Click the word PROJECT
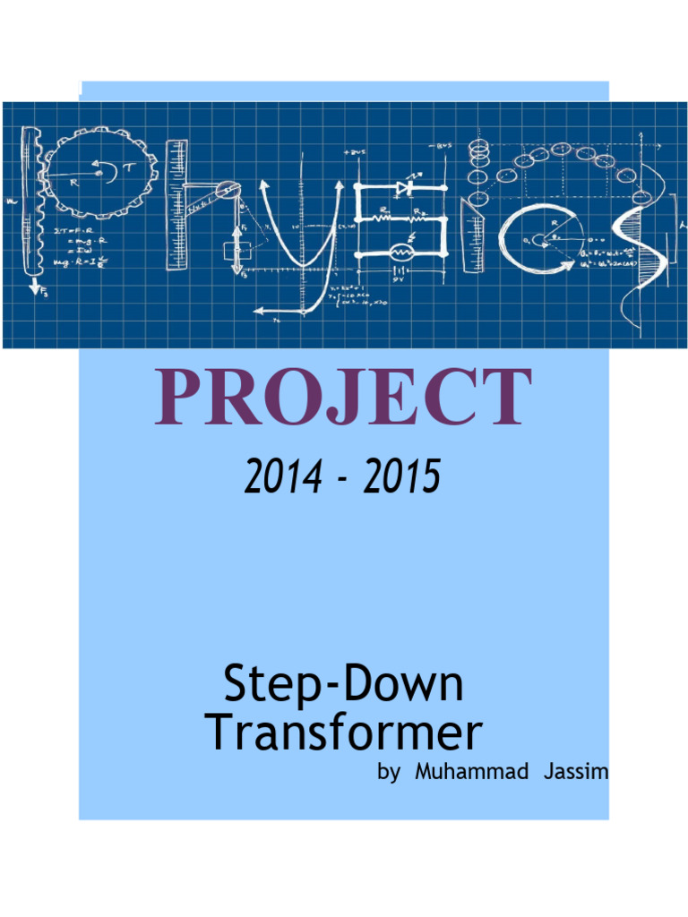point(343,397)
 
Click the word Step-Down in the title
point(343,685)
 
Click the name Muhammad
point(472,772)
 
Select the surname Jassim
point(576,772)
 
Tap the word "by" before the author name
point(389,773)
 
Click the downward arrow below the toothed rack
point(35,287)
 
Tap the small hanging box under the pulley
point(232,251)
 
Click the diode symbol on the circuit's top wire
point(402,188)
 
